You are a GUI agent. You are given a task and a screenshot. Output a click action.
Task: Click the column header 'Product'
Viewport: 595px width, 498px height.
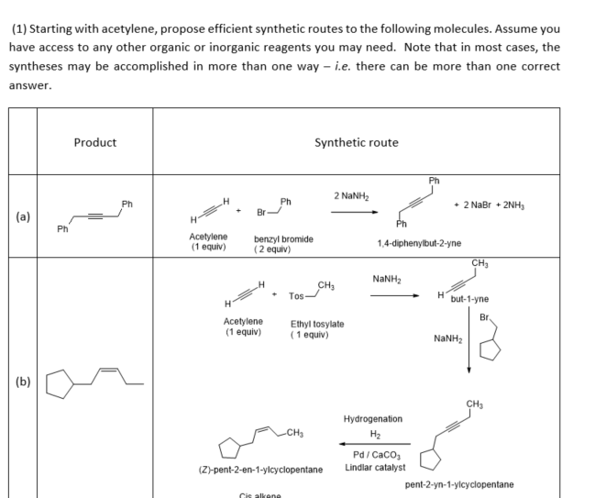click(94, 142)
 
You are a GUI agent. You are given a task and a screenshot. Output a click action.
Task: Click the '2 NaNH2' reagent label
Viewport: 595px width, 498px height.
click(351, 194)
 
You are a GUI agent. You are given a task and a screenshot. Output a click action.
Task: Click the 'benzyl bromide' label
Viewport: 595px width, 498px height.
click(283, 239)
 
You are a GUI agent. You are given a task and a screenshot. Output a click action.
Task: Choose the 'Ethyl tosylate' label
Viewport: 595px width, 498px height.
click(317, 324)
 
